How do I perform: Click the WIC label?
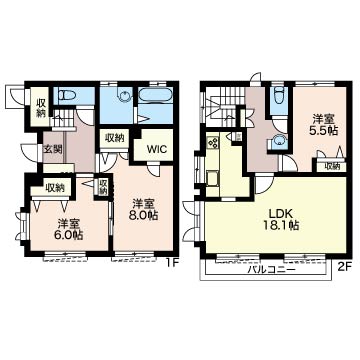click(155, 149)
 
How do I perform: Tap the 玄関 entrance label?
click(53, 149)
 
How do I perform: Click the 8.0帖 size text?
click(144, 215)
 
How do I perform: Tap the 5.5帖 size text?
click(323, 131)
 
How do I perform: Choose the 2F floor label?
click(344, 267)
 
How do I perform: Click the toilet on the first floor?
click(67, 96)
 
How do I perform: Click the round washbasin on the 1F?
click(124, 95)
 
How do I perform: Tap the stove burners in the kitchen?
click(212, 143)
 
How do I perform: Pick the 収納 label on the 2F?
click(332, 166)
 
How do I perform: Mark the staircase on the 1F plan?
click(63, 119)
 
